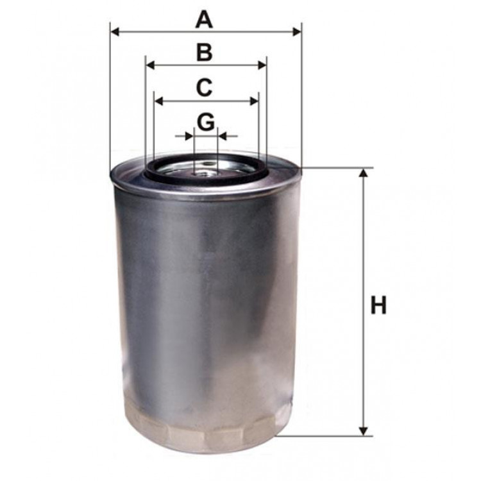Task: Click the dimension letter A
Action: [204, 19]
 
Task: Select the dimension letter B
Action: [204, 53]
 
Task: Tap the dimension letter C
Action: [204, 88]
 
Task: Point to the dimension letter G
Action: [205, 122]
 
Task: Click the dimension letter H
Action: [379, 306]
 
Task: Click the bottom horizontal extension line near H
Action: [327, 436]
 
